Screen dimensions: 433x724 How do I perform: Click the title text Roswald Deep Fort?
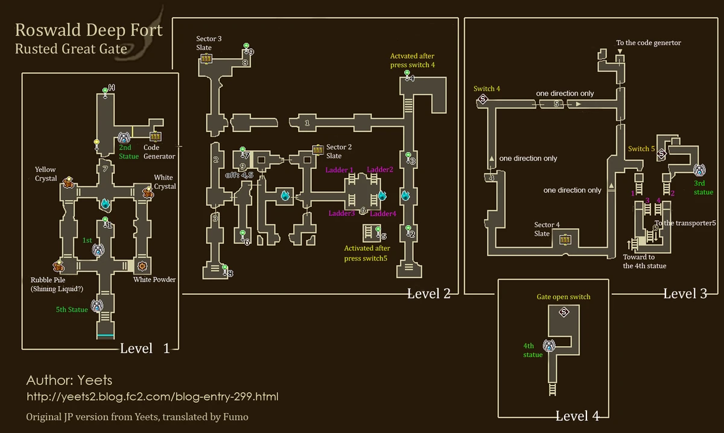pyautogui.click(x=88, y=30)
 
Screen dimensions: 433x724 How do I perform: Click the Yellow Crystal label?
pyautogui.click(x=46, y=174)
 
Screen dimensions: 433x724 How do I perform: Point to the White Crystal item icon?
pyautogui.click(x=148, y=192)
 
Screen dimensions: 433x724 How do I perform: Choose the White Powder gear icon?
pyautogui.click(x=143, y=265)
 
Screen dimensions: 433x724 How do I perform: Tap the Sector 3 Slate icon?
pyautogui.click(x=206, y=59)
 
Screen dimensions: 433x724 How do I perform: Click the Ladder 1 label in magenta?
pyautogui.click(x=340, y=170)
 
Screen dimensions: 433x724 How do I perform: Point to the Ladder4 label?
pyautogui.click(x=383, y=213)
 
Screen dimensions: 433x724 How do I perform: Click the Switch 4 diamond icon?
pyautogui.click(x=483, y=100)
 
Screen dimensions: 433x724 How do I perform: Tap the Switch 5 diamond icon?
pyautogui.click(x=661, y=154)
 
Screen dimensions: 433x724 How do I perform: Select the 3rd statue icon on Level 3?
pyautogui.click(x=699, y=169)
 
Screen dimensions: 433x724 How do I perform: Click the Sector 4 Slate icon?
pyautogui.click(x=565, y=240)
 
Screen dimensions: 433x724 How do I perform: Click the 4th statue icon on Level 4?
pyautogui.click(x=549, y=345)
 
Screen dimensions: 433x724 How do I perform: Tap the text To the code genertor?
pyautogui.click(x=648, y=43)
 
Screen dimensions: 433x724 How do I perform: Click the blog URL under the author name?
pyautogui.click(x=153, y=397)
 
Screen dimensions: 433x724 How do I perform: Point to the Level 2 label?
pyautogui.click(x=428, y=294)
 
